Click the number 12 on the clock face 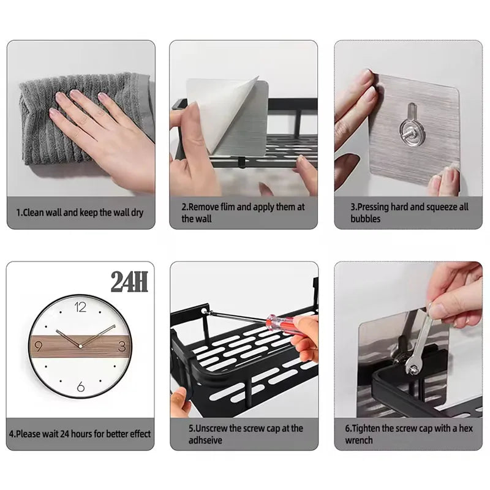(80, 307)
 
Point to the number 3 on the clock (121, 347)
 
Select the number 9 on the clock (39, 347)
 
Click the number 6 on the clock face (80, 386)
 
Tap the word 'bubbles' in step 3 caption (366, 219)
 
